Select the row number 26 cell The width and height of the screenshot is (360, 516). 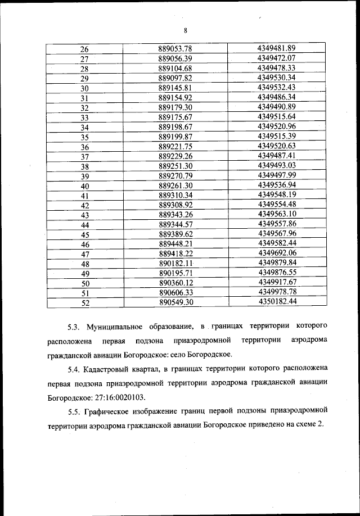pos(85,49)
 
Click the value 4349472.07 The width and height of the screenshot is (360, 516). pos(276,58)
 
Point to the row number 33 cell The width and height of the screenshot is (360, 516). pos(85,117)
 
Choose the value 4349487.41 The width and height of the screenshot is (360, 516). pos(276,156)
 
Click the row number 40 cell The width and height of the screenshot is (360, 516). pos(85,185)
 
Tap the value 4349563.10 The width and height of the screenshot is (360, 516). pos(276,214)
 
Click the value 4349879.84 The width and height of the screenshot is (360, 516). pos(276,263)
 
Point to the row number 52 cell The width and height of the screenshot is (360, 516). pos(85,302)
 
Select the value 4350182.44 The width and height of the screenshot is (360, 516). pos(276,302)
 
